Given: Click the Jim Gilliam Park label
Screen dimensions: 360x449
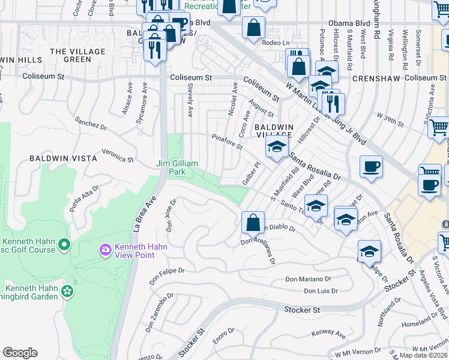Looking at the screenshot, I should pos(178,167).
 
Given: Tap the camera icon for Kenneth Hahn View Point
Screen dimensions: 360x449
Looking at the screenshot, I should pos(106,249).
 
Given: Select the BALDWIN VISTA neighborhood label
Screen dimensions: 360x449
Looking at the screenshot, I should pos(63,158).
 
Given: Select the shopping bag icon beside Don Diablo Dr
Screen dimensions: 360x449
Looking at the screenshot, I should pos(253,223).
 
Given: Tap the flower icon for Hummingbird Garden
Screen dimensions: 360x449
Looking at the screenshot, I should pos(67,291).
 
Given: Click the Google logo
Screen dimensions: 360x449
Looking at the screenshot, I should pos(20,353).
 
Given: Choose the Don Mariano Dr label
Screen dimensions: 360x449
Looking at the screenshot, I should pos(309,279).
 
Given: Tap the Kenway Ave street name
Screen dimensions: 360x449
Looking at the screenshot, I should pos(328,334).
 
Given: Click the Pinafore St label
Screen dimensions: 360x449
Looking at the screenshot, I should pos(226,142).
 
